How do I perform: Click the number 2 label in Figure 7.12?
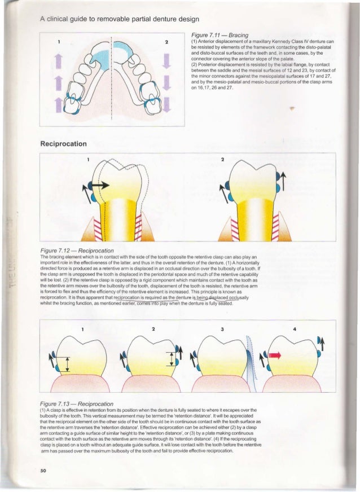(222, 160)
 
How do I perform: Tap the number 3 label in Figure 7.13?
(223, 328)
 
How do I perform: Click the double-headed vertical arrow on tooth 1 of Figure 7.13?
(67, 363)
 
